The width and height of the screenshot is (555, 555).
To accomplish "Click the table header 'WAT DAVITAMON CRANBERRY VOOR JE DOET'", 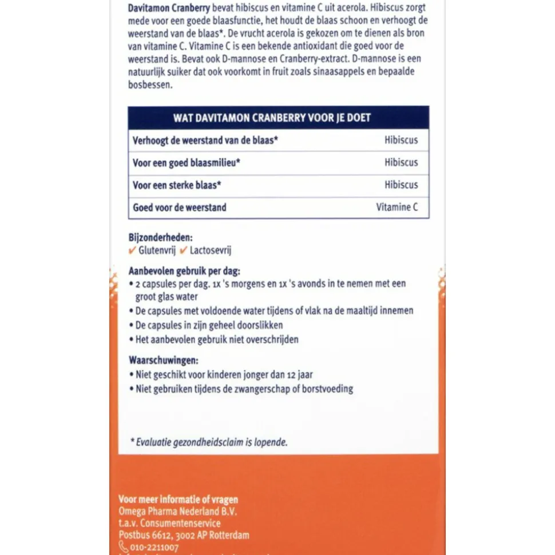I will pos(279,118).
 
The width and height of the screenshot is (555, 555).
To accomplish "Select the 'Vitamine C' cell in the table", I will pos(397,207).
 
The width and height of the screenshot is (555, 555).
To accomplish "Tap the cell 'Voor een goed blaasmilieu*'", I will pos(187,163).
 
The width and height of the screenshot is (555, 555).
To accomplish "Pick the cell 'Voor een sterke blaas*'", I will pos(177,185).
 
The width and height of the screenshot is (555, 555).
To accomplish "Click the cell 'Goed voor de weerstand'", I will pos(180,207).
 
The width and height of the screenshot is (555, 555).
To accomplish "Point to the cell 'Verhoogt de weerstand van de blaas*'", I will pos(205,140).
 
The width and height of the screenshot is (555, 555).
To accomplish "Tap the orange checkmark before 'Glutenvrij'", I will pos(132,250).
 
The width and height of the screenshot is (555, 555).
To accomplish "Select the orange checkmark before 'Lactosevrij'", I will pos(184,250).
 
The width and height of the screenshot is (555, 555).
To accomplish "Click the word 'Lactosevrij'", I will pos(211,250).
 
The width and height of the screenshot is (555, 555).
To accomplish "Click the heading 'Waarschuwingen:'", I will pos(164,361).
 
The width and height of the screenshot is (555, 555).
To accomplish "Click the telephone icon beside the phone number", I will pos(123,547).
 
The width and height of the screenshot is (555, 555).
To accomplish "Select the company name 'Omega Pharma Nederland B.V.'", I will pos(177,511).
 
